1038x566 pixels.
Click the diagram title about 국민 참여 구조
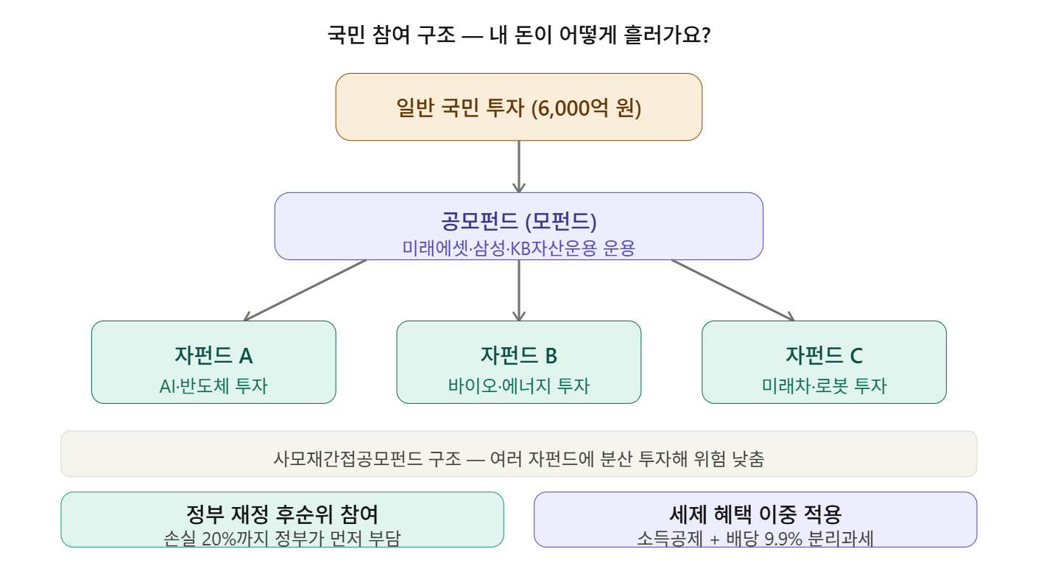click(518, 35)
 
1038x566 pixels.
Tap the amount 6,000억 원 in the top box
click(589, 108)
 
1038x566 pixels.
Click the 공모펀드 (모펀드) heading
click(518, 220)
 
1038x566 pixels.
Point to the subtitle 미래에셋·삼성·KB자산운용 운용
click(518, 248)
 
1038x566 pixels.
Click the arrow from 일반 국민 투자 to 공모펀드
click(519, 166)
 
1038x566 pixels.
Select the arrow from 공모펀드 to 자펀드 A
click(305, 290)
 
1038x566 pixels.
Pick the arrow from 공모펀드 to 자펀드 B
click(519, 290)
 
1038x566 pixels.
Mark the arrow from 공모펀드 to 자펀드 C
click(732, 290)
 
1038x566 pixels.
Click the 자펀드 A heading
click(213, 355)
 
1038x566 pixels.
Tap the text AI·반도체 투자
click(213, 385)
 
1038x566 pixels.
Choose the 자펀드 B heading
click(519, 355)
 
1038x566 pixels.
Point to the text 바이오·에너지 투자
click(519, 385)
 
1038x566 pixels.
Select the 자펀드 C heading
click(824, 355)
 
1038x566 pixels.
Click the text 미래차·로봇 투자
click(824, 385)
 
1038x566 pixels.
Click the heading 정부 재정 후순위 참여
click(283, 514)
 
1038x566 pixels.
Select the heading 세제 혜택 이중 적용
click(755, 514)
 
